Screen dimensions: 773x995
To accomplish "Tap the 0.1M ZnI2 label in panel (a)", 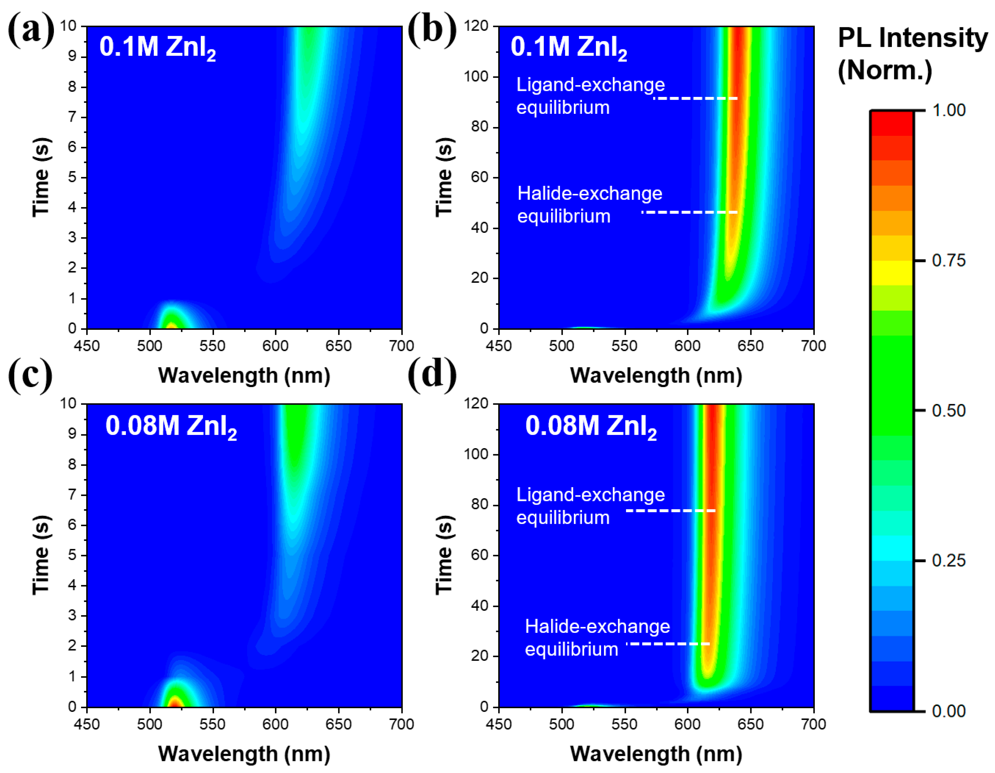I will (x=157, y=47).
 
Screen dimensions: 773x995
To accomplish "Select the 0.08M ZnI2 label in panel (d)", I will (x=590, y=426).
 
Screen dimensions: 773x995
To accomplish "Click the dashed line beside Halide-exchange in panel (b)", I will (x=690, y=212).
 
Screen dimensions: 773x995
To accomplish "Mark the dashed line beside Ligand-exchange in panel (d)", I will (x=671, y=511).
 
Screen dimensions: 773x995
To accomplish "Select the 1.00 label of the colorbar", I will (x=949, y=110).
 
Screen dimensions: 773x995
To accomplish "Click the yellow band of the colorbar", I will (x=892, y=273).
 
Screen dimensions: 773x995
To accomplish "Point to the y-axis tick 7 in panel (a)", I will (x=72, y=117).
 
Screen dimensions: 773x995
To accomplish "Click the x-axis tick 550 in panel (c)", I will (x=212, y=724).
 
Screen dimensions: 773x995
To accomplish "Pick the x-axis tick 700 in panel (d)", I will (x=813, y=724).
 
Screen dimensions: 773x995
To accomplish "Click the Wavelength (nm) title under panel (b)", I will (x=656, y=376).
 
